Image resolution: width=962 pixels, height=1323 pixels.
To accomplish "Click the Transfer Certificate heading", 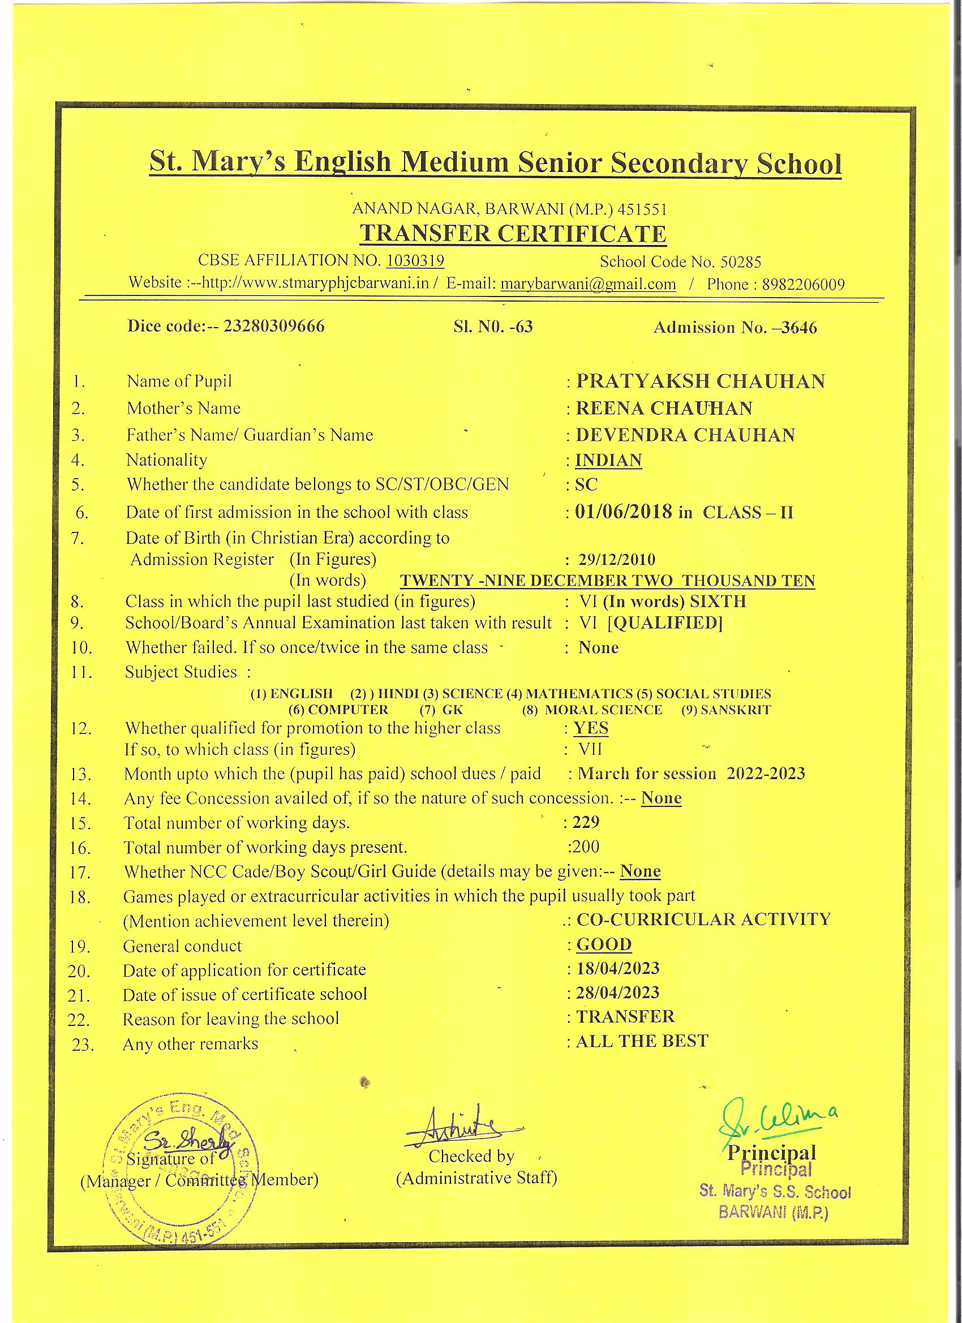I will tap(512, 234).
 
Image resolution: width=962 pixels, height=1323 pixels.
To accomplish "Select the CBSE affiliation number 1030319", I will tap(415, 260).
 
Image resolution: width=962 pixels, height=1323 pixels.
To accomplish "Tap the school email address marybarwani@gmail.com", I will tap(588, 284).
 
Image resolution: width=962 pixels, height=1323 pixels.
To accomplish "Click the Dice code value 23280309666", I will tap(274, 325).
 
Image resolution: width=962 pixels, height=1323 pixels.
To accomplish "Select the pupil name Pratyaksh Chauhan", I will tap(700, 381).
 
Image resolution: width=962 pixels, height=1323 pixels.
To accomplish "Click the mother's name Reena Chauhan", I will tap(664, 408).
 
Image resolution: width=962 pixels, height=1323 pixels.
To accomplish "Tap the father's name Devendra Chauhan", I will tap(685, 435).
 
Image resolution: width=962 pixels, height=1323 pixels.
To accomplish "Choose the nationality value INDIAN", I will tap(608, 460).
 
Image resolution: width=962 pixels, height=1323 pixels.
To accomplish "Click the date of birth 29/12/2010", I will tap(617, 560).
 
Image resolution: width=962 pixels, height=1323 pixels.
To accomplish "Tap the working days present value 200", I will tap(586, 847).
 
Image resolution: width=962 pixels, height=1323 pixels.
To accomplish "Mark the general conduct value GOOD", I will tap(604, 944).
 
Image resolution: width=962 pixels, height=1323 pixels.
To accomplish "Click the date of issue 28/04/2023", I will tap(618, 993).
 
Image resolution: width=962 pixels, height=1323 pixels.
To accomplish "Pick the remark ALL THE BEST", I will tap(642, 1041).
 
